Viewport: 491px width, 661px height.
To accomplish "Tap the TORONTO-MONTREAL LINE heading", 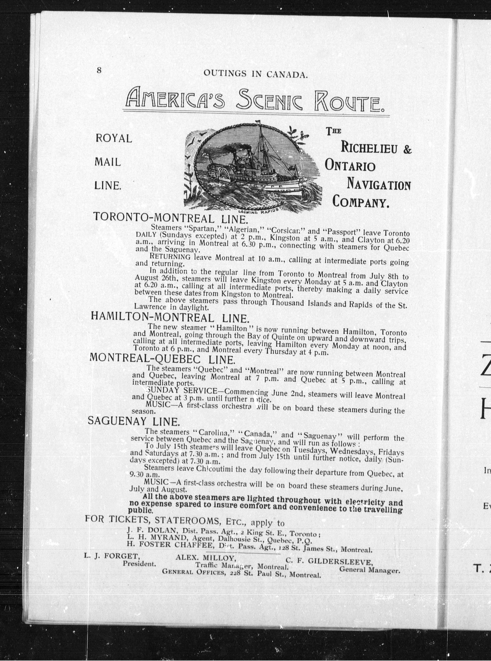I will pyautogui.click(x=170, y=218).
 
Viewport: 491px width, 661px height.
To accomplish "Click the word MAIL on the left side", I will pyautogui.click(x=108, y=162).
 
